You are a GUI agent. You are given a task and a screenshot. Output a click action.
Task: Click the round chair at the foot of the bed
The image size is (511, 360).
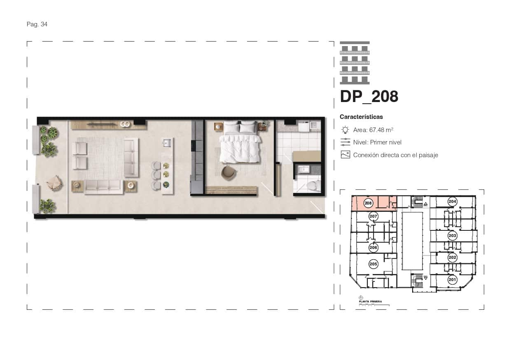(227, 172)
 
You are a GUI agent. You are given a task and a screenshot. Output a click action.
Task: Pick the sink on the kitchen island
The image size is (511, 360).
(167, 144)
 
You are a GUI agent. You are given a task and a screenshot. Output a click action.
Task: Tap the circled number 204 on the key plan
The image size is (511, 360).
(452, 202)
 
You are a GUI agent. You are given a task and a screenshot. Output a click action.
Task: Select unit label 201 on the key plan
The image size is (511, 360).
(452, 280)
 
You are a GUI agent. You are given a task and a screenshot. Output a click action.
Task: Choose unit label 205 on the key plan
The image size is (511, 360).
(373, 264)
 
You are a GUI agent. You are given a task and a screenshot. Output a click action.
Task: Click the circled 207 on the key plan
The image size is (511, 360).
(373, 216)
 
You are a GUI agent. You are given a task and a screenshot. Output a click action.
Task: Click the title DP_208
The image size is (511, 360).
(369, 97)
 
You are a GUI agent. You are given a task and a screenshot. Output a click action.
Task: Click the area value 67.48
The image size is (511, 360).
(377, 130)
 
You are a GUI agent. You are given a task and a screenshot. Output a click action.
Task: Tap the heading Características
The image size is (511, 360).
(361, 117)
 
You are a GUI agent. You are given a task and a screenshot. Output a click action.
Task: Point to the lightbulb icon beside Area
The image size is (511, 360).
(345, 130)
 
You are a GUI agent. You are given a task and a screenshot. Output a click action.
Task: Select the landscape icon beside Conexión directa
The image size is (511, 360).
(345, 155)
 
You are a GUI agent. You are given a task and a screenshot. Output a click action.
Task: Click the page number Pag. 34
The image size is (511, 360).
(37, 24)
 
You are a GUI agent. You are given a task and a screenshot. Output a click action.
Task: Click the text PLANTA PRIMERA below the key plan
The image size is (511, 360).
(370, 302)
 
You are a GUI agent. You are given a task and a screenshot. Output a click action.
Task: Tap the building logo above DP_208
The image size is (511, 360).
(355, 63)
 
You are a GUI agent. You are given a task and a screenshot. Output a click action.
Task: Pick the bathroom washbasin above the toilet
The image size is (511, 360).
(305, 169)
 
